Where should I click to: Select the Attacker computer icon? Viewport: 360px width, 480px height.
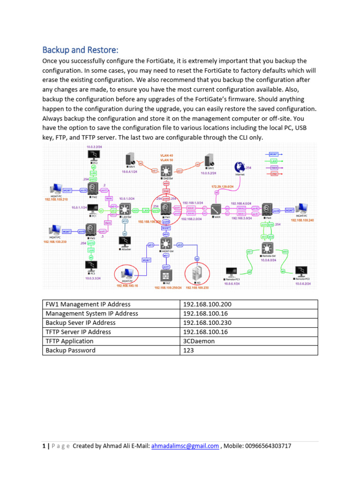pyautogui.click(x=125, y=242)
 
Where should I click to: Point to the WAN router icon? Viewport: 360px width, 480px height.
pyautogui.click(x=217, y=209)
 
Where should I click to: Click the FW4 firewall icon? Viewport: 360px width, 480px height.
pyautogui.click(x=267, y=209)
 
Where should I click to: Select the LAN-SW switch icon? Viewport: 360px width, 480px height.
pyautogui.click(x=125, y=210)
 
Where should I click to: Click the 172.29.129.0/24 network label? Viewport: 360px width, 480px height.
pyautogui.click(x=229, y=187)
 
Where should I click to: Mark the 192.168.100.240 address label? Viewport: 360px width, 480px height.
pyautogui.click(x=303, y=220)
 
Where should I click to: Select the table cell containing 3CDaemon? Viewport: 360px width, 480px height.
pyautogui.click(x=199, y=341)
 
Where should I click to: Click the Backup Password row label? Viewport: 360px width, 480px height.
pyautogui.click(x=70, y=350)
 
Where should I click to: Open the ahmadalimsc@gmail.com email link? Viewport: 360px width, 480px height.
pyautogui.click(x=185, y=446)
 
